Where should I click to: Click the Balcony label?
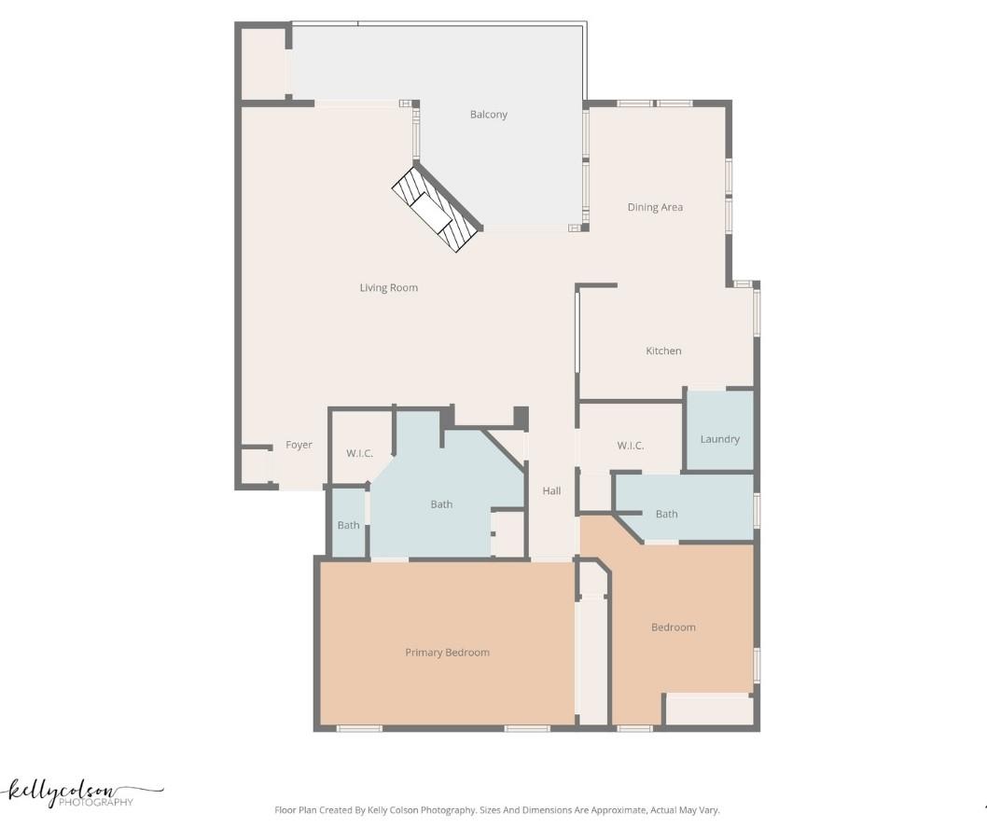[488, 115]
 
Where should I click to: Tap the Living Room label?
[388, 288]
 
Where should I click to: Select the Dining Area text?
[655, 208]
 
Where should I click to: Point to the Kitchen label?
[663, 351]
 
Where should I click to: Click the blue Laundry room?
[719, 431]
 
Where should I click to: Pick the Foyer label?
[299, 446]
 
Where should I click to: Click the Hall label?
[551, 491]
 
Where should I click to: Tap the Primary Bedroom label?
[447, 653]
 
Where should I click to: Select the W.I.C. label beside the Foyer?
[359, 454]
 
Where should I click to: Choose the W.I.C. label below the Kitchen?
[630, 446]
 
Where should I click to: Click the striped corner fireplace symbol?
[435, 210]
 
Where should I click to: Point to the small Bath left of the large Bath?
[348, 526]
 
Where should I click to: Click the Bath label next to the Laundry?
[666, 515]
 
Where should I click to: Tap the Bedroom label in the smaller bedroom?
[673, 627]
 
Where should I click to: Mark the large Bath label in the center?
[441, 504]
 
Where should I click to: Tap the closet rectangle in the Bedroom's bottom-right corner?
[708, 710]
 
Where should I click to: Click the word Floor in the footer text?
[285, 811]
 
